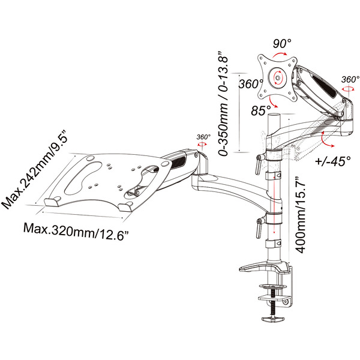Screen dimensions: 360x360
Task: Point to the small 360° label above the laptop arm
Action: coord(202,137)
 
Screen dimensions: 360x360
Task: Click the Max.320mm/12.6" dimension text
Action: coord(77,229)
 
